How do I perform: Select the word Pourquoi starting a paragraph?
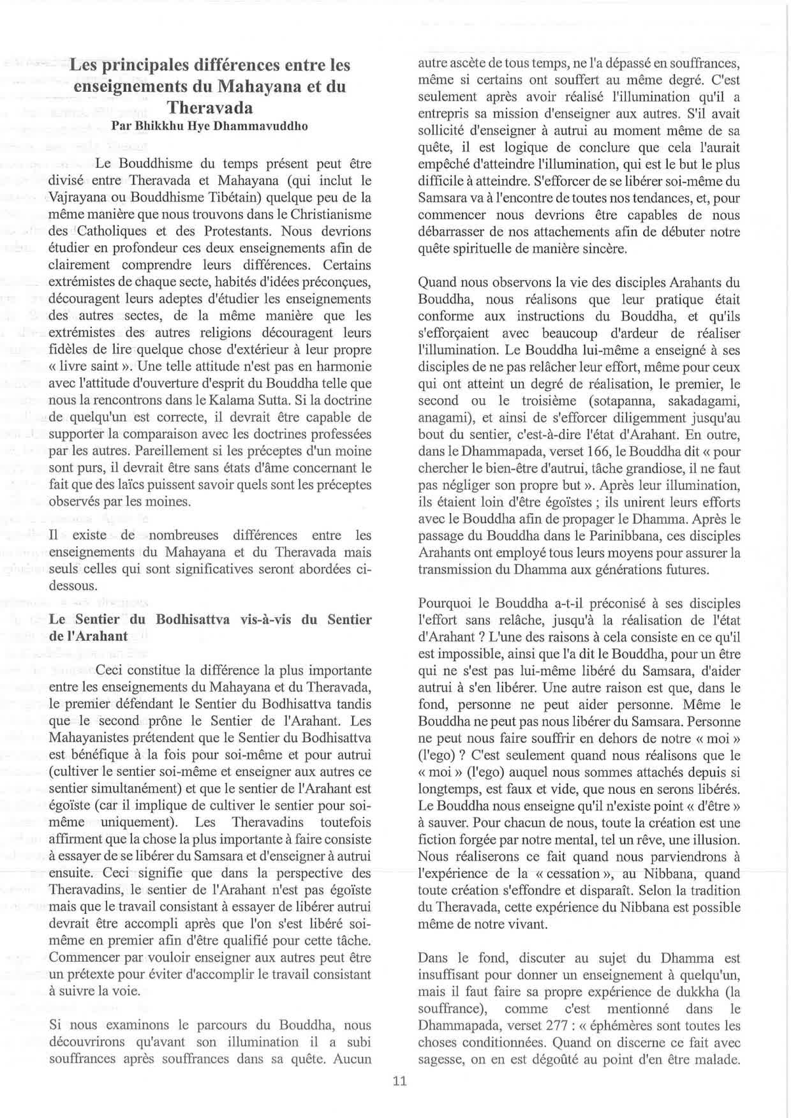click(x=444, y=603)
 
